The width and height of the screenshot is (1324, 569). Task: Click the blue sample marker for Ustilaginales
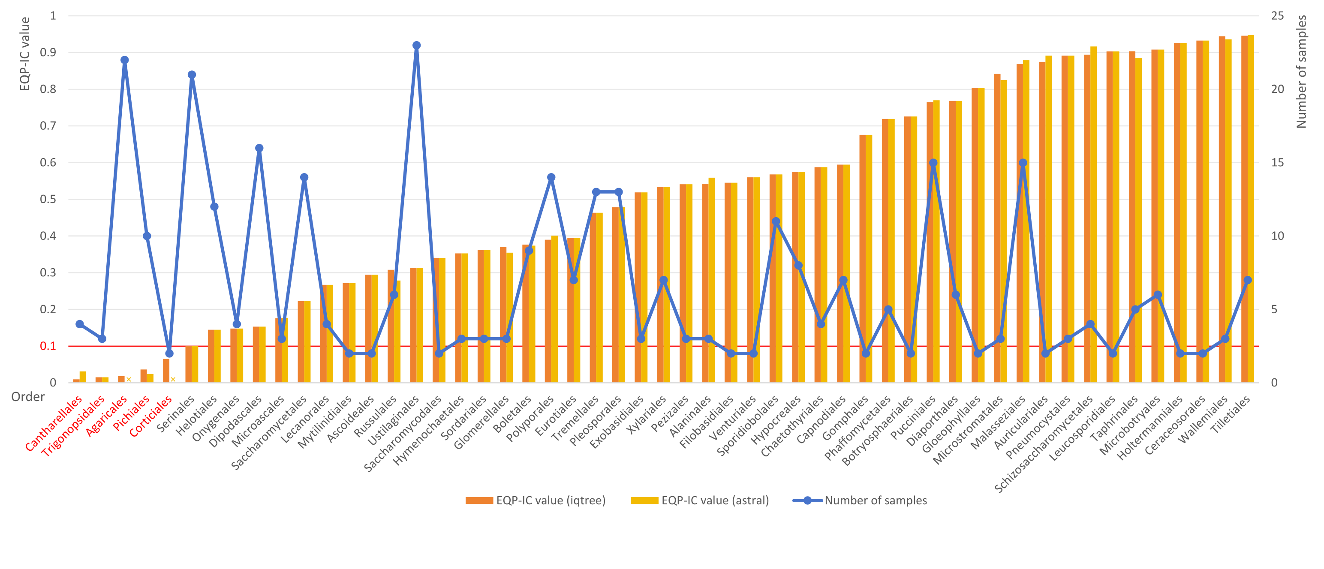point(416,45)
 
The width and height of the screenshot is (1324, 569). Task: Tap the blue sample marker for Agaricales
point(124,60)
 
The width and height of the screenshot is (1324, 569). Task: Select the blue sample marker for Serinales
point(192,75)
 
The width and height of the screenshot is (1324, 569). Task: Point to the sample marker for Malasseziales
point(1023,163)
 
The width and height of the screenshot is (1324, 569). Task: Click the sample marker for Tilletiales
point(1247,280)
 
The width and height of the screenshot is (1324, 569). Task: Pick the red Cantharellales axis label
point(54,424)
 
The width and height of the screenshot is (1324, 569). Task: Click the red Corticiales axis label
point(150,416)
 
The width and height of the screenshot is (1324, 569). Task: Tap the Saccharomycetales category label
point(269,433)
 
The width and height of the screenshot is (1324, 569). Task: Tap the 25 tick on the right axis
point(1277,16)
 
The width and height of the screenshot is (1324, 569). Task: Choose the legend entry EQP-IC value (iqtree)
point(536,500)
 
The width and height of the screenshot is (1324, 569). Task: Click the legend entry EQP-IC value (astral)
point(700,500)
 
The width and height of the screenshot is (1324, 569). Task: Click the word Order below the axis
point(28,396)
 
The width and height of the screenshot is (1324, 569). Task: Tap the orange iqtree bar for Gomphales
point(863,259)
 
